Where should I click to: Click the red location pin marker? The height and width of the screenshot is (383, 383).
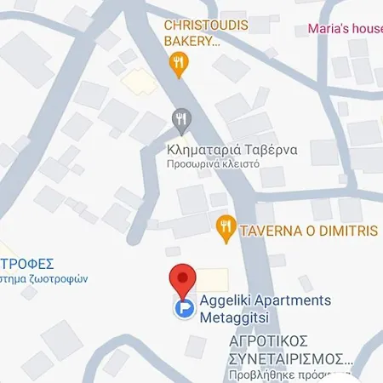[180, 278]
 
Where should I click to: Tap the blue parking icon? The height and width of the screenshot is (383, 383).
[182, 310]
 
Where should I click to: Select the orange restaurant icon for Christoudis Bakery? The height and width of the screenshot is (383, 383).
[177, 60]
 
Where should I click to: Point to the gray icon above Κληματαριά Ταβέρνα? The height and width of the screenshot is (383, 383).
[180, 118]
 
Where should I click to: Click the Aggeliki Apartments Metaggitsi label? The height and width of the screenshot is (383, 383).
[253, 308]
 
